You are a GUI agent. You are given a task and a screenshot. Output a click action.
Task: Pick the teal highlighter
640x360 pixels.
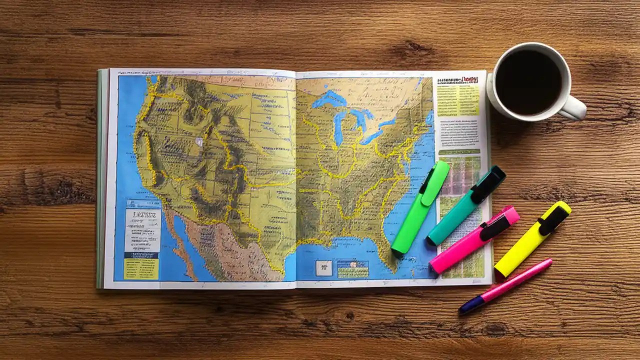pos(465,205)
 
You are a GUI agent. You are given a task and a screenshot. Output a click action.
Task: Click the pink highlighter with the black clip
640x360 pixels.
pos(472,240)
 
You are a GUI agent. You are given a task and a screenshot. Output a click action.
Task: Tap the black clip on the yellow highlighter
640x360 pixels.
pos(552,220)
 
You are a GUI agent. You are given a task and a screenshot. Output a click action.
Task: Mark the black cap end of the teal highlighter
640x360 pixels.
pos(490,182)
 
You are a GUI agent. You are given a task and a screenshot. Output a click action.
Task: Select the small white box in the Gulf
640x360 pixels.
pos(323,268)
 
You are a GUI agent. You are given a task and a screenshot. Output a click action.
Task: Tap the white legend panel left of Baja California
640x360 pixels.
pos(142,230)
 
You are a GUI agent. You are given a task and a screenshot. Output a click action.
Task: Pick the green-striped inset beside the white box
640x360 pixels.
pos(352,269)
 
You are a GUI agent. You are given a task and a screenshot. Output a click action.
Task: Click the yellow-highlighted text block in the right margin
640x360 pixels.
pos(457,100)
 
